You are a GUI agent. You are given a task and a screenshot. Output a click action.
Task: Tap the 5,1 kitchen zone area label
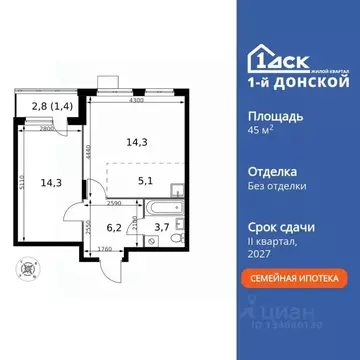click(145, 182)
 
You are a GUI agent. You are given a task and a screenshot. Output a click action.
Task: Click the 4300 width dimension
click(135, 102)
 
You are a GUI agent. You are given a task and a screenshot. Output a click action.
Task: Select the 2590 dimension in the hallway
click(113, 204)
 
